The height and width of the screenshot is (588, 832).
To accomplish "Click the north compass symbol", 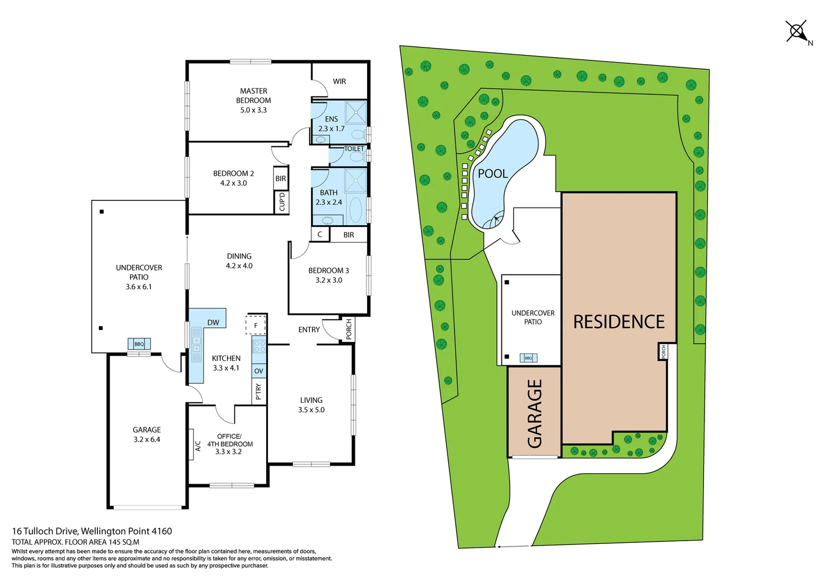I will [797, 32].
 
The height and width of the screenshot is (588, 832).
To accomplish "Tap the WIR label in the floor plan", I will [339, 82].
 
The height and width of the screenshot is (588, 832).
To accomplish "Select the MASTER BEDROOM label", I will [254, 96].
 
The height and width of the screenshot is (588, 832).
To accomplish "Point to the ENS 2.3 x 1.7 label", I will [331, 124].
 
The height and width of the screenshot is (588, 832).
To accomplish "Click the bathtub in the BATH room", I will [355, 211].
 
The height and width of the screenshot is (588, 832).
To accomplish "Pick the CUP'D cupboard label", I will [282, 202].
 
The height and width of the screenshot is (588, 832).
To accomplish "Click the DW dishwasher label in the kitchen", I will [213, 322].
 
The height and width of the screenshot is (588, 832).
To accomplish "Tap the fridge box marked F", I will [256, 326].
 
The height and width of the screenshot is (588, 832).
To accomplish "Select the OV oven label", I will [259, 371].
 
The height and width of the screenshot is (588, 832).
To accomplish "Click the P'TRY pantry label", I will [259, 391].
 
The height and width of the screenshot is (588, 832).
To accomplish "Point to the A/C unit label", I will [198, 446].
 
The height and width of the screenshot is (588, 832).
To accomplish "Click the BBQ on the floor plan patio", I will [139, 344].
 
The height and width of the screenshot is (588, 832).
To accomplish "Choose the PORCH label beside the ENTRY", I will [349, 329].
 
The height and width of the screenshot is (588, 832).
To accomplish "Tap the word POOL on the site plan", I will [492, 174].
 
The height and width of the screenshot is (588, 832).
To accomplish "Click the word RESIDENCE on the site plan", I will [619, 322].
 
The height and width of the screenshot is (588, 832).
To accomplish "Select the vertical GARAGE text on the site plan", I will [535, 414].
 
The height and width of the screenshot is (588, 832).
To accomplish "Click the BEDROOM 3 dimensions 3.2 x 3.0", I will [329, 280].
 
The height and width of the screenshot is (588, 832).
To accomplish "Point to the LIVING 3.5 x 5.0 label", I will [311, 405].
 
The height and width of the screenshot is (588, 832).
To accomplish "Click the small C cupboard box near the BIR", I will [320, 235].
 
